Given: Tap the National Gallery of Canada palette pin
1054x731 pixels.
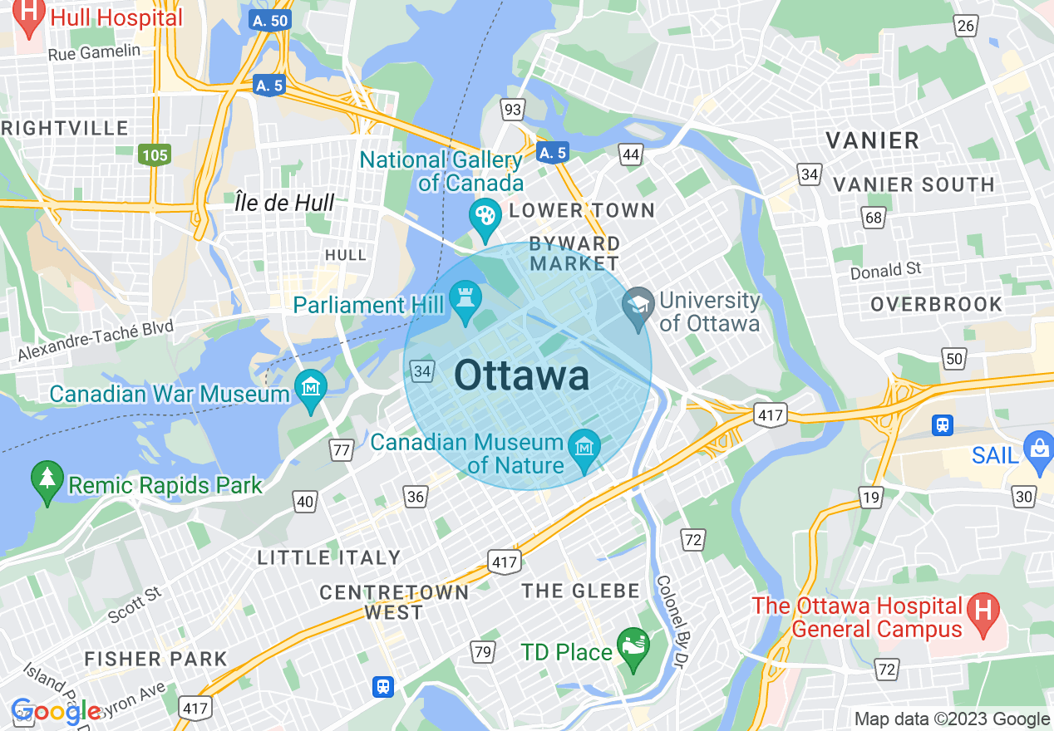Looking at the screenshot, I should tap(484, 216).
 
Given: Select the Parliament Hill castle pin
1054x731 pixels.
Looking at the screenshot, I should tap(463, 300).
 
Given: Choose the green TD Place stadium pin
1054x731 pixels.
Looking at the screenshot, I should tap(632, 648).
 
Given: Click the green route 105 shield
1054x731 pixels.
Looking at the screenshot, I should tap(155, 155).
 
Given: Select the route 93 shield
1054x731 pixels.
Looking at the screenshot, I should tap(513, 109).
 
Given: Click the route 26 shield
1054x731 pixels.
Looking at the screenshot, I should tap(966, 26).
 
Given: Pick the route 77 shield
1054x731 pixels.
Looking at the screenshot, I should tap(341, 450).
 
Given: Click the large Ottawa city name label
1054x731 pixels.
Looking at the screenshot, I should tap(522, 376).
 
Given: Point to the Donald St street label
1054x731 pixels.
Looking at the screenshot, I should tap(886, 270).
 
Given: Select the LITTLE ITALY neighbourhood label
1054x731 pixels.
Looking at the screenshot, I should tap(329, 557).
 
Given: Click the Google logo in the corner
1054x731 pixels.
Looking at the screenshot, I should tap(56, 712).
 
